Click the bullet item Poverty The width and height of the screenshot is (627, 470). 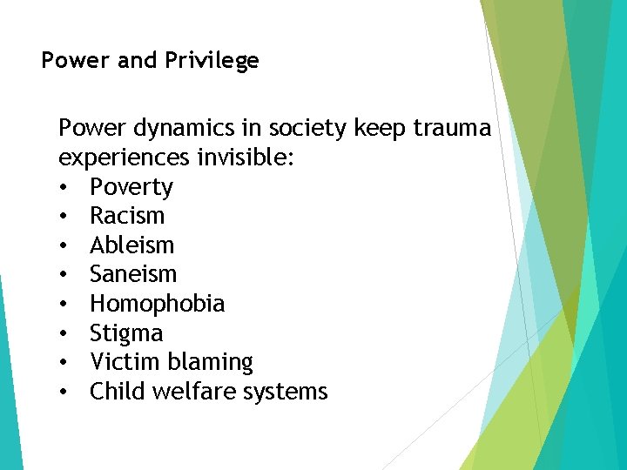(131, 188)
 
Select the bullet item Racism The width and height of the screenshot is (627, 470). (127, 217)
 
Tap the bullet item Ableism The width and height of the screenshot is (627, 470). (132, 246)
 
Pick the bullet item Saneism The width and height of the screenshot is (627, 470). (133, 275)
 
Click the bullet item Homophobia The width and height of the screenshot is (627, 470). (157, 305)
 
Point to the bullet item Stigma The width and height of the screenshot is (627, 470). (126, 333)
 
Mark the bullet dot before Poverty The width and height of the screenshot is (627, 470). (64, 188)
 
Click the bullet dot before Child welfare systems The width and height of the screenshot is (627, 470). (64, 392)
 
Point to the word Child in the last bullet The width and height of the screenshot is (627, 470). (118, 392)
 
